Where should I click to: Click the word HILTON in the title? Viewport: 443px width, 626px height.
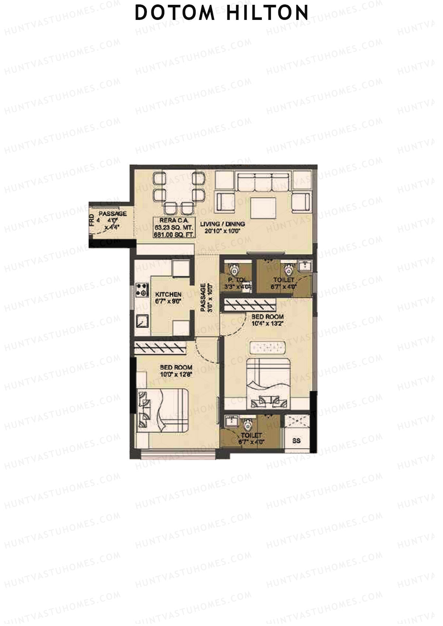[267, 13]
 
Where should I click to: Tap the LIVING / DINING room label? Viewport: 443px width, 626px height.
[223, 224]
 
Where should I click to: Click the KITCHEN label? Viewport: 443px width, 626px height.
[168, 294]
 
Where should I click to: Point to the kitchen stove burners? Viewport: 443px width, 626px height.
[141, 290]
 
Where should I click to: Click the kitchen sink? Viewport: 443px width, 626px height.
[142, 321]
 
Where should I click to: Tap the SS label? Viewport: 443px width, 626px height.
[296, 440]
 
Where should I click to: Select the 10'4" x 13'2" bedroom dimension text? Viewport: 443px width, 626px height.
[267, 324]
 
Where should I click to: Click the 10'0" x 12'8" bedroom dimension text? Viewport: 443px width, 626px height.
[176, 374]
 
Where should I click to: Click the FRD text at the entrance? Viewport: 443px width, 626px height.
[92, 220]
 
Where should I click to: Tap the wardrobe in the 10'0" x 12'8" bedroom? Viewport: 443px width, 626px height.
[160, 347]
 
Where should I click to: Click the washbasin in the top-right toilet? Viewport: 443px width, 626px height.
[305, 266]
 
